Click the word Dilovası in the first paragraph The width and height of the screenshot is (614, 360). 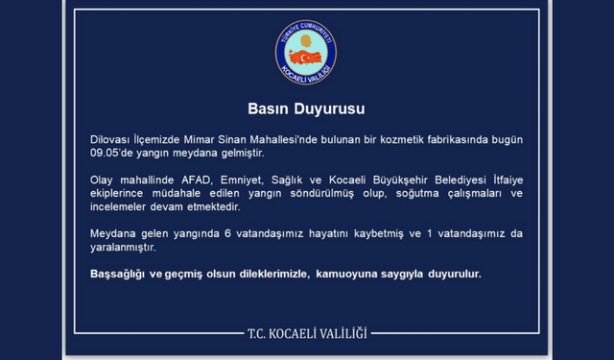coord(100,139)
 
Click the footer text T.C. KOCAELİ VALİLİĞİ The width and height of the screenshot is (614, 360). coord(307,333)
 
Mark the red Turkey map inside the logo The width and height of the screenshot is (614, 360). coord(305,58)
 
